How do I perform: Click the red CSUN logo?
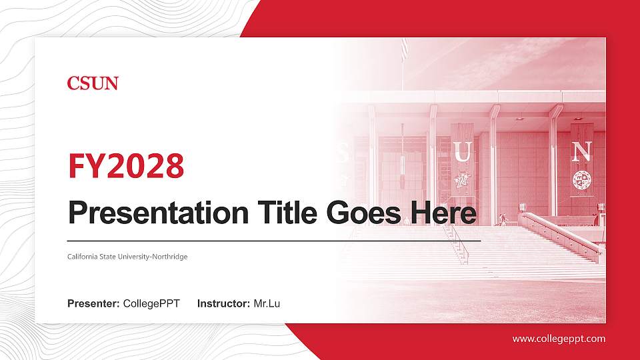click(x=93, y=83)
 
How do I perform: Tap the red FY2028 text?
click(x=126, y=167)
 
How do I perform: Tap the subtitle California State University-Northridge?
click(x=127, y=257)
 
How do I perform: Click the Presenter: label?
click(x=93, y=304)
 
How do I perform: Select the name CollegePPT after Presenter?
click(x=151, y=304)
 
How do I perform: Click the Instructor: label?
click(x=224, y=304)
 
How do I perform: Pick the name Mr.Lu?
click(x=267, y=304)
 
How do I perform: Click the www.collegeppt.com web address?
click(x=559, y=339)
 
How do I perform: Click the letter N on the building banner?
click(x=581, y=151)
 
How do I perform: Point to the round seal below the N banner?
click(x=581, y=179)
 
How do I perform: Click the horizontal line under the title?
click(x=273, y=240)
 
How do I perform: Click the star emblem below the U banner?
click(x=462, y=181)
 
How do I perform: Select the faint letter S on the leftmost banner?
click(x=342, y=155)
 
